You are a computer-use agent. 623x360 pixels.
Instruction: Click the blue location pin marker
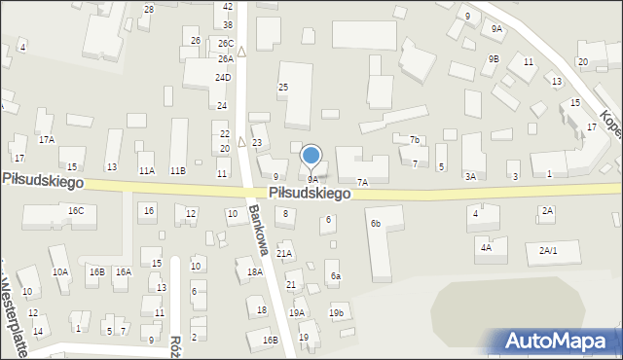coord(311,156)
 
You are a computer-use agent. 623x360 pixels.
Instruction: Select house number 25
coord(283,88)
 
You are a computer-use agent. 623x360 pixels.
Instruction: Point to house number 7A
coord(363,182)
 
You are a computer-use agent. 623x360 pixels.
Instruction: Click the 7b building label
coord(414,140)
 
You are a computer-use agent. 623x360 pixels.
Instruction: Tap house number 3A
coord(470,176)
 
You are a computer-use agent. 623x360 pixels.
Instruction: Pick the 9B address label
coord(494,59)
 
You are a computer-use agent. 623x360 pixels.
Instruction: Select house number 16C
coord(76,211)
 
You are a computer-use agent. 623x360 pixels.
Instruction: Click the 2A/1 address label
coord(549,250)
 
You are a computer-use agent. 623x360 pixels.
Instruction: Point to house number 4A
coord(486,248)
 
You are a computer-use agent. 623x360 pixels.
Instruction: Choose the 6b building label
coord(375,224)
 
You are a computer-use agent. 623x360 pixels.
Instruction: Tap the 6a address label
coord(335,276)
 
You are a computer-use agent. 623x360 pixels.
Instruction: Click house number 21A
coord(284,253)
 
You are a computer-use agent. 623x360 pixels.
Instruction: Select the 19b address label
coord(337,312)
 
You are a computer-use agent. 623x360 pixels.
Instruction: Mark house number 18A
coord(255,272)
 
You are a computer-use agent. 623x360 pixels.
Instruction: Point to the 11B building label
coord(177,170)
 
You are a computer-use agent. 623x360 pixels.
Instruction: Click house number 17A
coord(46,140)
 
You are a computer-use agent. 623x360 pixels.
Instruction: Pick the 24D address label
coord(223,77)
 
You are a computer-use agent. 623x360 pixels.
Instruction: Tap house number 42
coord(228,6)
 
